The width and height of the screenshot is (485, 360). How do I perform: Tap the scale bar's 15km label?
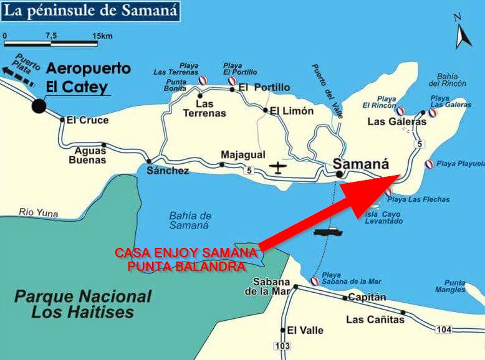click(103, 36)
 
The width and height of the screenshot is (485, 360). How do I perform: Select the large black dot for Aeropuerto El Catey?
click(39, 106)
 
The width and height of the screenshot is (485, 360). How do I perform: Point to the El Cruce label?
click(87, 120)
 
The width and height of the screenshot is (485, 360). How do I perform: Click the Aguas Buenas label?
click(90, 155)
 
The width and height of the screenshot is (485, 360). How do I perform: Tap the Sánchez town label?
click(167, 171)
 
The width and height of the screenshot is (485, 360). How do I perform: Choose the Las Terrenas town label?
click(204, 108)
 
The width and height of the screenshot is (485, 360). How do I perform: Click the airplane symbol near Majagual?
click(278, 168)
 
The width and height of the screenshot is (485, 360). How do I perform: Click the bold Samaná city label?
click(362, 164)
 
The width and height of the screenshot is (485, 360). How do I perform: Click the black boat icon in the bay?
click(329, 232)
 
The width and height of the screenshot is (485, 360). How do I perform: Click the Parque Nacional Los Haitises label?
click(83, 304)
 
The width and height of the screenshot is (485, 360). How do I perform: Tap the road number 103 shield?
click(282, 345)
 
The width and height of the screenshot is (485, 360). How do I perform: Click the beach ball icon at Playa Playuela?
click(429, 164)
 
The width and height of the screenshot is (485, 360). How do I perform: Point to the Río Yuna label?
click(39, 212)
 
